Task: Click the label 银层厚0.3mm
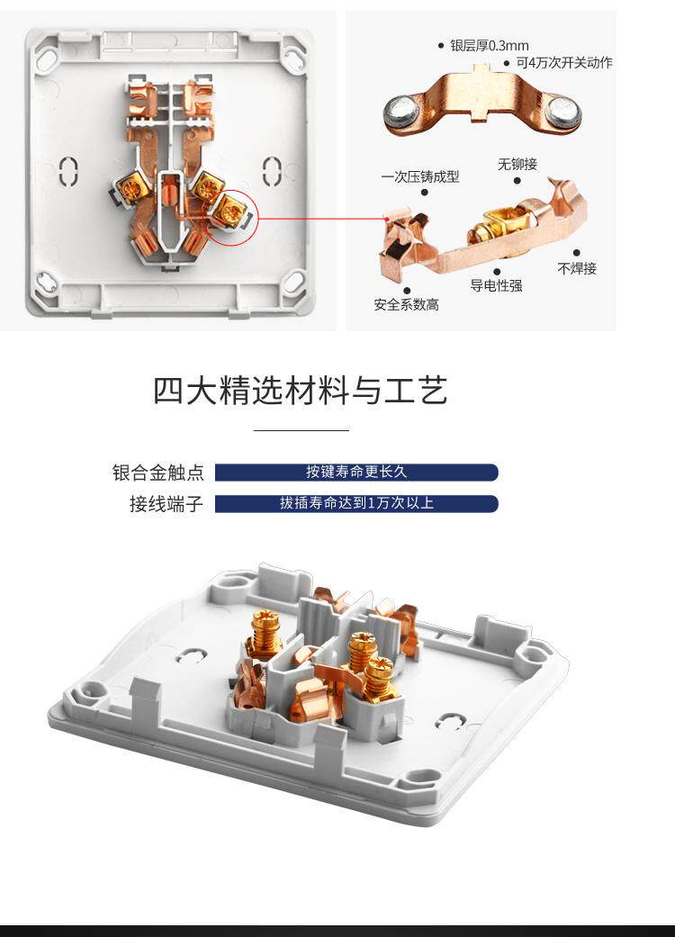pyautogui.click(x=490, y=45)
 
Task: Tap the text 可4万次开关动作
pyautogui.click(x=564, y=63)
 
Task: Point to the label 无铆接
pyautogui.click(x=517, y=164)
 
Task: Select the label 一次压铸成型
pyautogui.click(x=420, y=176)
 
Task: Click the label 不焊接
pyautogui.click(x=576, y=268)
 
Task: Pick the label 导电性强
pyautogui.click(x=496, y=285)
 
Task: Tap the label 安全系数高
pyautogui.click(x=406, y=305)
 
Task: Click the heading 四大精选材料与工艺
pyautogui.click(x=300, y=391)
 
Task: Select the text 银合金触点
pyautogui.click(x=158, y=473)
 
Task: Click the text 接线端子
pyautogui.click(x=166, y=504)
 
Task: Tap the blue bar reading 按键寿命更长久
pyautogui.click(x=356, y=472)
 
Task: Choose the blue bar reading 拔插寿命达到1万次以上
pyautogui.click(x=356, y=503)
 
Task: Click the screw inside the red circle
pyautogui.click(x=229, y=209)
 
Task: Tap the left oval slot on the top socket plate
pyautogui.click(x=69, y=170)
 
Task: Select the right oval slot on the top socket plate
pyautogui.click(x=272, y=170)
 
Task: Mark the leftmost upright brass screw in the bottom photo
pyautogui.click(x=265, y=632)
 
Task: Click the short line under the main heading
pyautogui.click(x=301, y=429)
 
